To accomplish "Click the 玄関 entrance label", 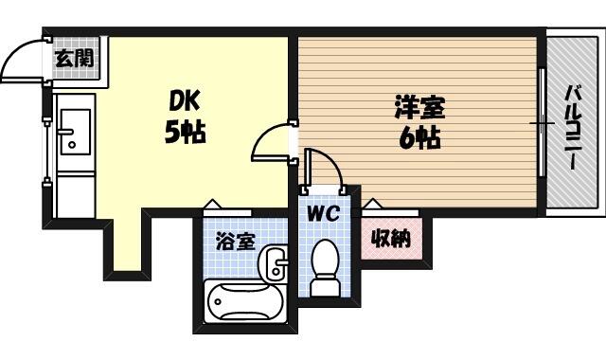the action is [75, 59].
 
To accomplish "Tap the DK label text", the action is [185, 101].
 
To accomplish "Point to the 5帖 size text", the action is [186, 132].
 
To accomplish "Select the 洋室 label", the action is [419, 107].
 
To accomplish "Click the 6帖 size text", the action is [419, 137].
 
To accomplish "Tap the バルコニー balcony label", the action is [571, 128].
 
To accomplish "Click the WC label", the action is [323, 212].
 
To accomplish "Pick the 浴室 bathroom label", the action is [236, 242].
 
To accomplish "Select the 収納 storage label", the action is [391, 238].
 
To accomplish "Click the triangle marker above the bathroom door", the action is [212, 204].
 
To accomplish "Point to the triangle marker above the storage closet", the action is [372, 203].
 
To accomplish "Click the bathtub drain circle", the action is [218, 301].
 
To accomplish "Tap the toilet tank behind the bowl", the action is [326, 286].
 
